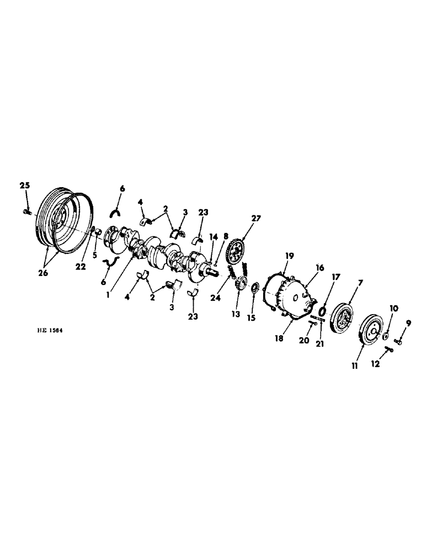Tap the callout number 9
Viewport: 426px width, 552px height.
[x=409, y=323]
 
